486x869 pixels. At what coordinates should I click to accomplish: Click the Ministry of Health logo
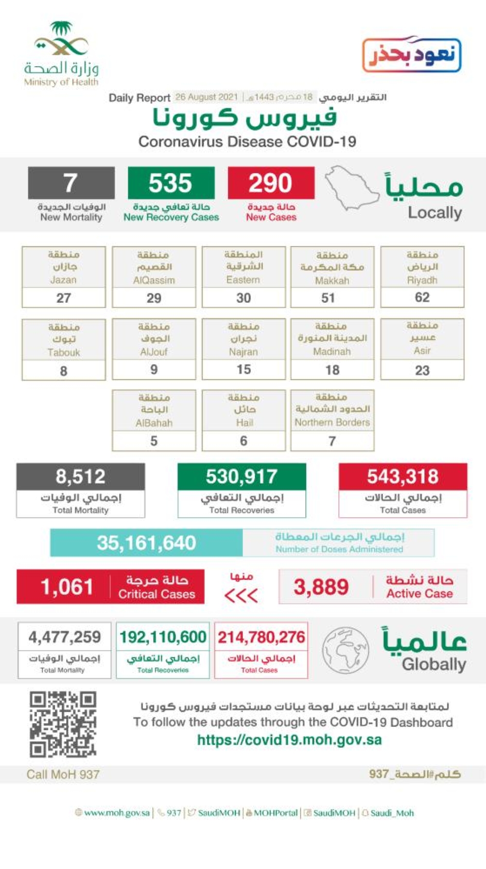(x=61, y=54)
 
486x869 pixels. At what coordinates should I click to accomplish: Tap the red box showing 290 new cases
(x=271, y=183)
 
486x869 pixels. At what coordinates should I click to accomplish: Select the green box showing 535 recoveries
(x=171, y=183)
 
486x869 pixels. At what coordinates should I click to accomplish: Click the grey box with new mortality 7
(x=71, y=183)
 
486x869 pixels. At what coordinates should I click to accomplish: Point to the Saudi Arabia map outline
(x=351, y=188)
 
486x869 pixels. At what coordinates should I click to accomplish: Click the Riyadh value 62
(x=422, y=297)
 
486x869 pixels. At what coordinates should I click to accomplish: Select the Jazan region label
(x=64, y=267)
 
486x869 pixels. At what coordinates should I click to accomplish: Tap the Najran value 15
(x=243, y=369)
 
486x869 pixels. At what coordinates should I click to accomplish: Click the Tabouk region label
(x=64, y=339)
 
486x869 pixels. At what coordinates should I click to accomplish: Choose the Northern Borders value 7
(x=332, y=441)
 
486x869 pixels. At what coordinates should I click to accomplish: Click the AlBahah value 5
(x=154, y=441)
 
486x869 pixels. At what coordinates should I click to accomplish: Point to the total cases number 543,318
(x=402, y=477)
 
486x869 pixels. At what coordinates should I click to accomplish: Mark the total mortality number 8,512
(x=80, y=477)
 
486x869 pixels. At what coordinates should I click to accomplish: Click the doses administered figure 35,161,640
(x=146, y=543)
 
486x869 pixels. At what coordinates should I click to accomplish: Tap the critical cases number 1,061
(x=67, y=587)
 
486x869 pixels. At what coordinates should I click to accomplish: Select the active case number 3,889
(x=321, y=587)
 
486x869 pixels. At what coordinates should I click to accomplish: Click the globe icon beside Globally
(x=346, y=650)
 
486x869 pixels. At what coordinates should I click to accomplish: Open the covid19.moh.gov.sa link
(x=289, y=740)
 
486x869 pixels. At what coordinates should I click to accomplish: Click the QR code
(x=63, y=724)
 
